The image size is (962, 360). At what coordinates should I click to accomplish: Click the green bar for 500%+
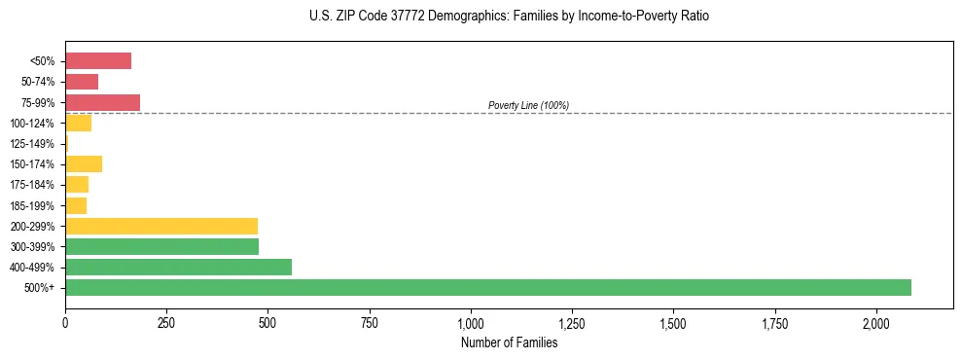(487, 287)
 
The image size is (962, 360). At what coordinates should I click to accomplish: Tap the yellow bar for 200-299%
(161, 226)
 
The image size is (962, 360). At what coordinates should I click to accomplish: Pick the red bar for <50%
(98, 60)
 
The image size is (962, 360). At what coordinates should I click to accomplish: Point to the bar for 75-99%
(102, 102)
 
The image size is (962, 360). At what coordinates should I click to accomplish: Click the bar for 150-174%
(84, 163)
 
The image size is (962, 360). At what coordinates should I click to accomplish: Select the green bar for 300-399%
(161, 246)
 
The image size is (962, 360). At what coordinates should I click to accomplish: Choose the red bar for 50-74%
(82, 82)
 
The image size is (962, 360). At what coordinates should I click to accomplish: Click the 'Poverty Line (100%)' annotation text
(528, 105)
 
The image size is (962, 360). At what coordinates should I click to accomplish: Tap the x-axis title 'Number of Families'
(509, 342)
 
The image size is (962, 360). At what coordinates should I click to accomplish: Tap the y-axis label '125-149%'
(32, 144)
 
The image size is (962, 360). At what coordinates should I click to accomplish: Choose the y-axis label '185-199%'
(32, 205)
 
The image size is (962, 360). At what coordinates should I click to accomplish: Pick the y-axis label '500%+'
(40, 288)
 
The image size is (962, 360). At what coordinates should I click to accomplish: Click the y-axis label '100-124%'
(32, 124)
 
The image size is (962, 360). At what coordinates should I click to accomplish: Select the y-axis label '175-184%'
(32, 185)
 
